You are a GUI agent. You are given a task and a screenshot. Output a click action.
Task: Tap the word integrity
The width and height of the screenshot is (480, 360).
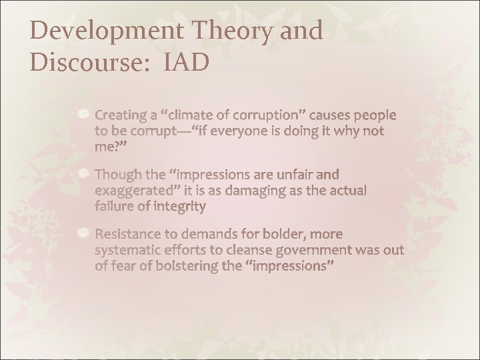point(179,207)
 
